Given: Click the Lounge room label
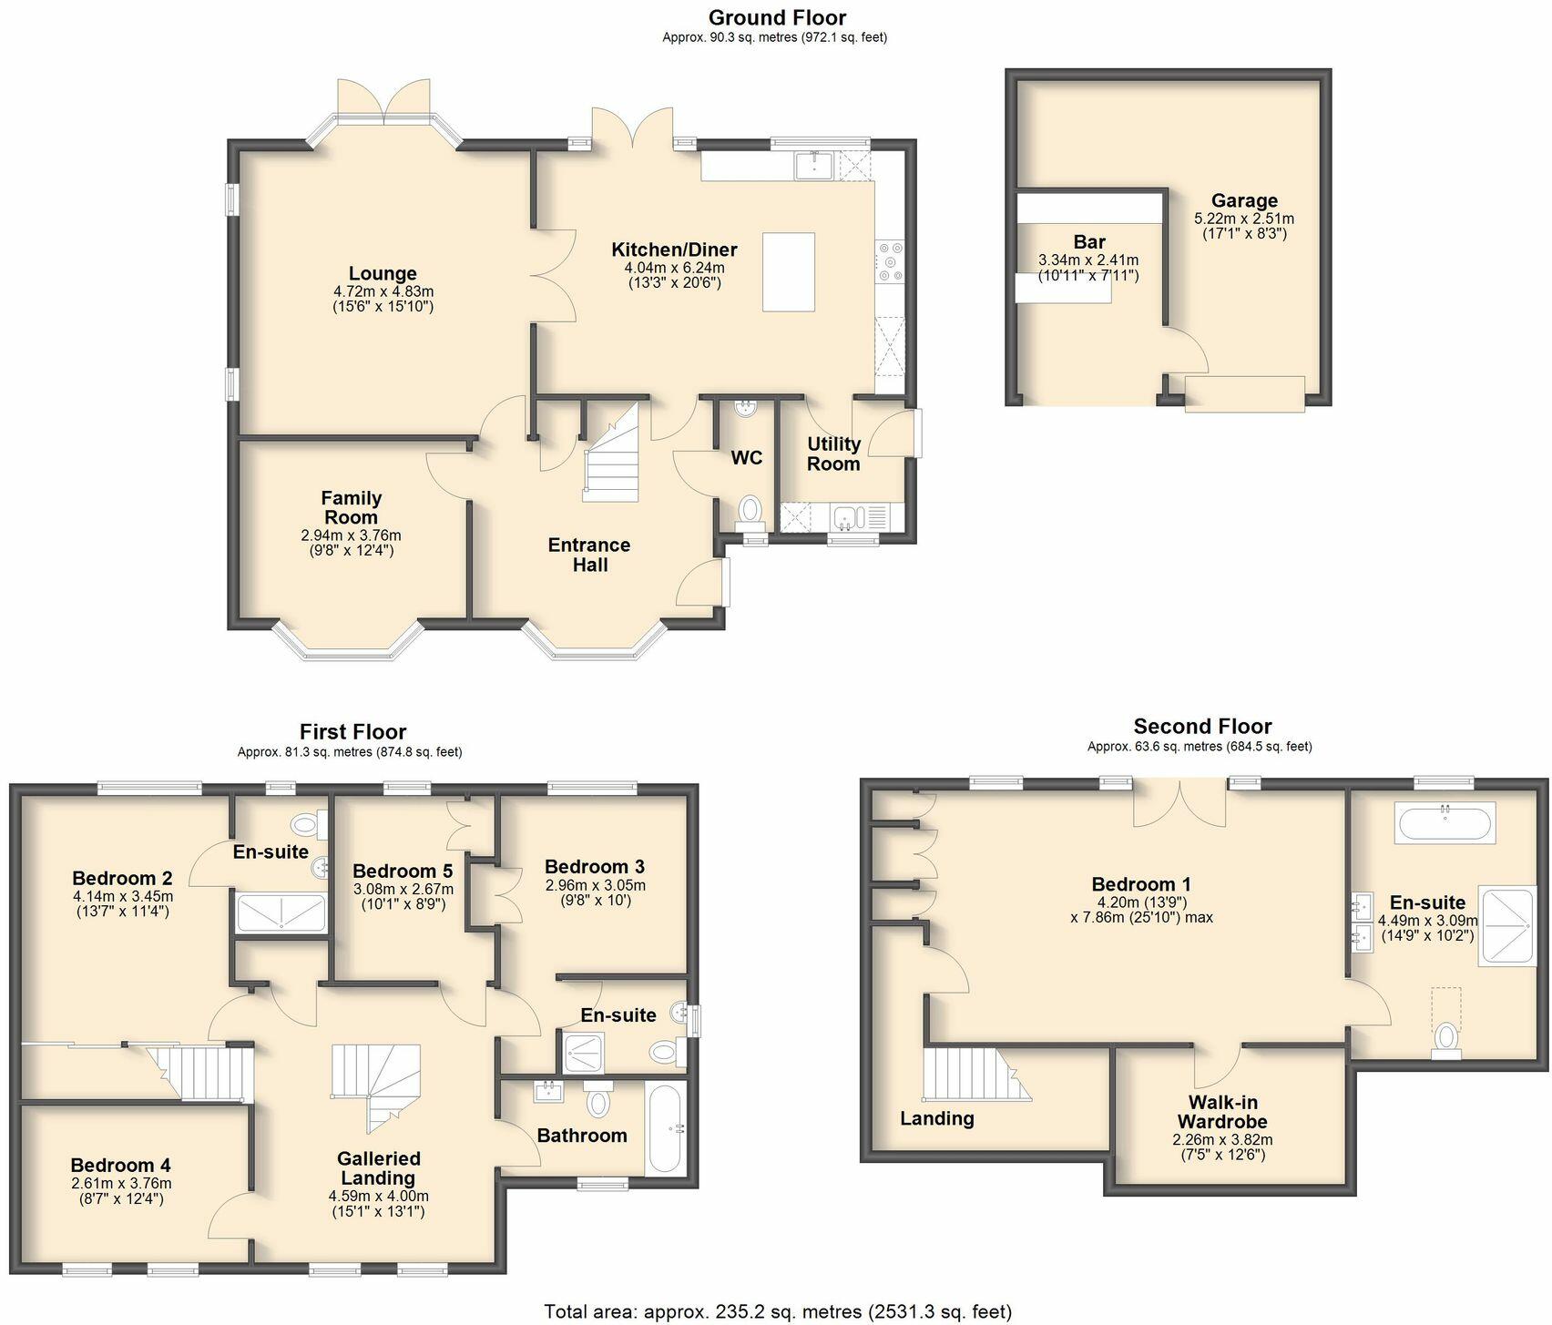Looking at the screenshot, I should (x=383, y=273).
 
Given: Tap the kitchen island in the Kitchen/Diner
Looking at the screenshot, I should (x=788, y=272).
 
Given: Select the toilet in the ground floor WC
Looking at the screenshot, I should (x=750, y=510).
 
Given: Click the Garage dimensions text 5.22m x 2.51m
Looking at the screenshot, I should (x=1243, y=219).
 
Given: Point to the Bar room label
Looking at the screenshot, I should (x=1088, y=242).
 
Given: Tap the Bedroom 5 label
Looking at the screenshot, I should (x=403, y=871).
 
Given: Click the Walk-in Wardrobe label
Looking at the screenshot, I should (x=1222, y=1113).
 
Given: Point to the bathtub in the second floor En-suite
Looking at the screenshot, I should (x=1445, y=822).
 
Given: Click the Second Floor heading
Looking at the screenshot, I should (x=1202, y=726).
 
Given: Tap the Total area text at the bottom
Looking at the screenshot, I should (x=777, y=1311).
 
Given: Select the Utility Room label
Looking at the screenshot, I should (x=833, y=454).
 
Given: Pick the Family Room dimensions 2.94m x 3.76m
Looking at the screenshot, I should (x=351, y=535).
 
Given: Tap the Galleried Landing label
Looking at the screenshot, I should (x=378, y=1168).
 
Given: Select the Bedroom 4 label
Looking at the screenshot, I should (x=120, y=1165).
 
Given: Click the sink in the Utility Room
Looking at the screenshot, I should (x=847, y=518).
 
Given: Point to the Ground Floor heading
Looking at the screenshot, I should (x=777, y=17).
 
